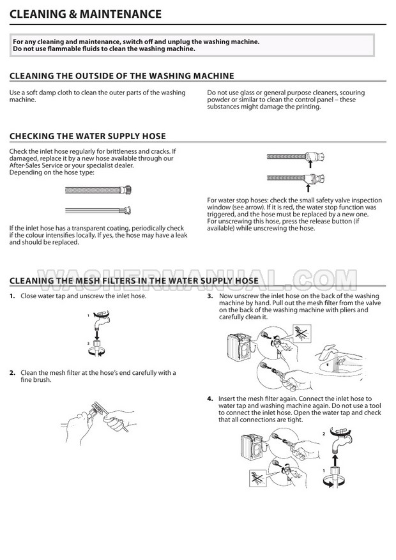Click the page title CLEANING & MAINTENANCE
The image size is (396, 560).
(86, 14)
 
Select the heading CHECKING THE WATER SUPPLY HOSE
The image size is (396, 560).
(88, 136)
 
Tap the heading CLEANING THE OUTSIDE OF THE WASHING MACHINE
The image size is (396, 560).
(122, 76)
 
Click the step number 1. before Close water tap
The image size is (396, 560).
(13, 296)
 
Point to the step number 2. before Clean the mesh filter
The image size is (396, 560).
(13, 373)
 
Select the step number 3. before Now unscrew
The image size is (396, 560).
(210, 296)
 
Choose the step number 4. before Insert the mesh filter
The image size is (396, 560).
(210, 398)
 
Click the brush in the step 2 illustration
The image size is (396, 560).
(98, 409)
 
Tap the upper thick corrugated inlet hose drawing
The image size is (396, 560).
(98, 190)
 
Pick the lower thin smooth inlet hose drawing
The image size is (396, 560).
(98, 210)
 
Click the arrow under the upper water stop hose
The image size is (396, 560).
(310, 164)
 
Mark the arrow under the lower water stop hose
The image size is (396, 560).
(308, 188)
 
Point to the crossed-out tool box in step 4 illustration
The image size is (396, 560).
(258, 478)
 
